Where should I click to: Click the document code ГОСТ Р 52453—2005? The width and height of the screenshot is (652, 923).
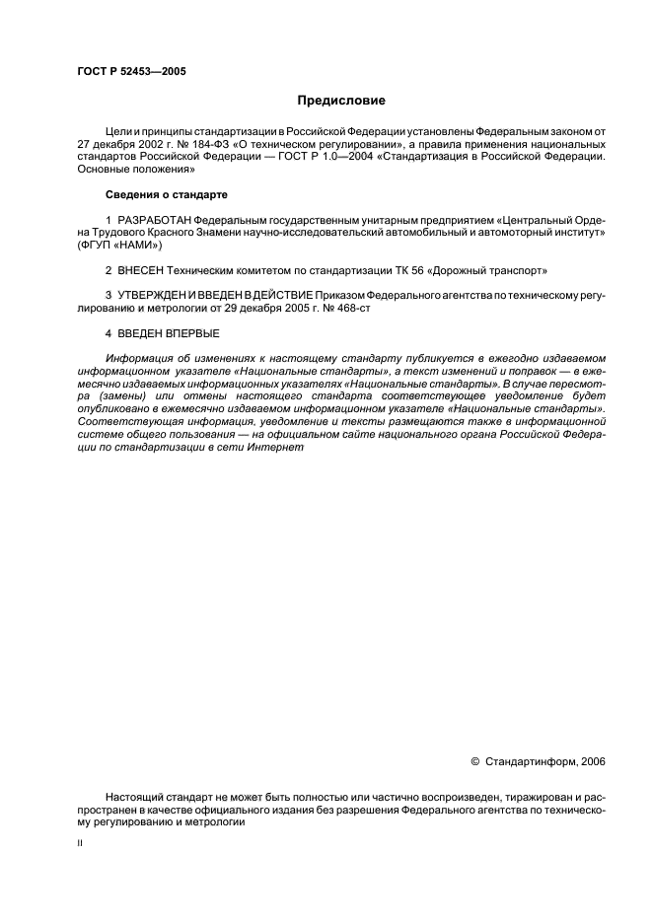click(x=131, y=72)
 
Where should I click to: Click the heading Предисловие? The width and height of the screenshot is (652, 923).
click(x=341, y=100)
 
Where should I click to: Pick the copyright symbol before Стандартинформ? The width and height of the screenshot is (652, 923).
click(x=474, y=761)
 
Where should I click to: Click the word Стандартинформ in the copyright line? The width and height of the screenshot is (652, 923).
click(x=529, y=761)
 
